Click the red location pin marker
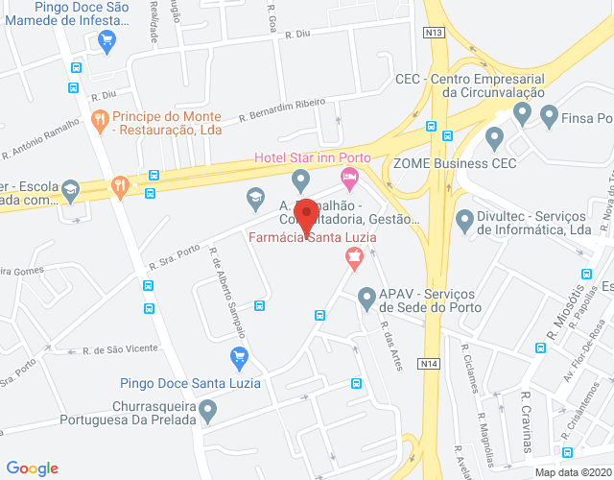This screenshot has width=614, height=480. [x=306, y=216]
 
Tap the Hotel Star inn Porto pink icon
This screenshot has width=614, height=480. [x=349, y=176]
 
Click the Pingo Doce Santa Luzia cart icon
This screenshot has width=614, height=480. [x=240, y=358]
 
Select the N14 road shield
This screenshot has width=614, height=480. [x=428, y=364]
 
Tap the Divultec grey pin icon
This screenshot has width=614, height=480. [x=465, y=222]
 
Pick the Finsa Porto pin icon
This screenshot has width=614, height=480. [x=550, y=117]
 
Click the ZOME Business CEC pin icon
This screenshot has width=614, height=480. [x=495, y=139]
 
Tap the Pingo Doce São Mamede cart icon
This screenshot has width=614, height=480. [x=106, y=40]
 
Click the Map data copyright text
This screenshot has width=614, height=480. [x=573, y=472]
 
